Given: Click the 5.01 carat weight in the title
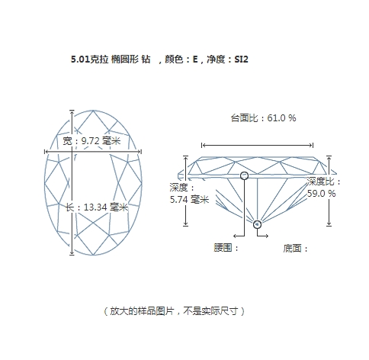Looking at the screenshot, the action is coord(81,59).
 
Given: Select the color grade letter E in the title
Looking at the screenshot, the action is coord(195,59).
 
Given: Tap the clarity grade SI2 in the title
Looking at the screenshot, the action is coord(241,59).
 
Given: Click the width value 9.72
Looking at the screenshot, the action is coord(91,140).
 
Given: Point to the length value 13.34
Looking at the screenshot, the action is coord(95,207).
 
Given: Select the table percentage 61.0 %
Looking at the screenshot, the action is coord(281,118).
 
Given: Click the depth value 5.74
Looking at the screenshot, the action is coord(178,200).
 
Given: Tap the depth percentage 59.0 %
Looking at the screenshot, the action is coord(321,194).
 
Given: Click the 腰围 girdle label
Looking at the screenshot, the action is coord(223,247).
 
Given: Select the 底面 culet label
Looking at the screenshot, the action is coord(292,248).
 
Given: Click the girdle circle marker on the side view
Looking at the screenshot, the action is coord(244,175).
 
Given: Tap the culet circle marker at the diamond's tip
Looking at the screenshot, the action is coord(257,224).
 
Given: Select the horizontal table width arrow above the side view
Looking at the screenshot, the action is coord(257,145).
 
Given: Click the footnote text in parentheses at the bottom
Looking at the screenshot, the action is coord(174,311).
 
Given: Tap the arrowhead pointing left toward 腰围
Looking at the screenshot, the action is coord(235,236).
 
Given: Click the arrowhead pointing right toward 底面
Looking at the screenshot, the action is coord(267,236).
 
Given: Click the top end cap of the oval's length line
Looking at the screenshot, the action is coord(72,111).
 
